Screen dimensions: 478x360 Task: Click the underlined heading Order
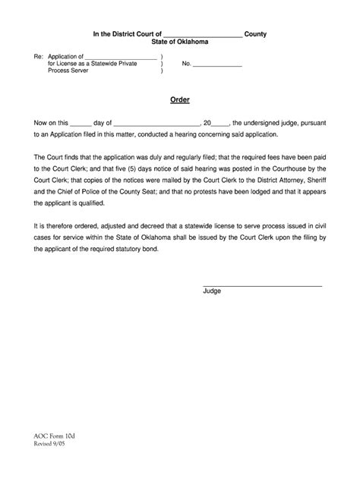[179, 99]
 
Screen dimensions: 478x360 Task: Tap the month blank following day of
[157, 121]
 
